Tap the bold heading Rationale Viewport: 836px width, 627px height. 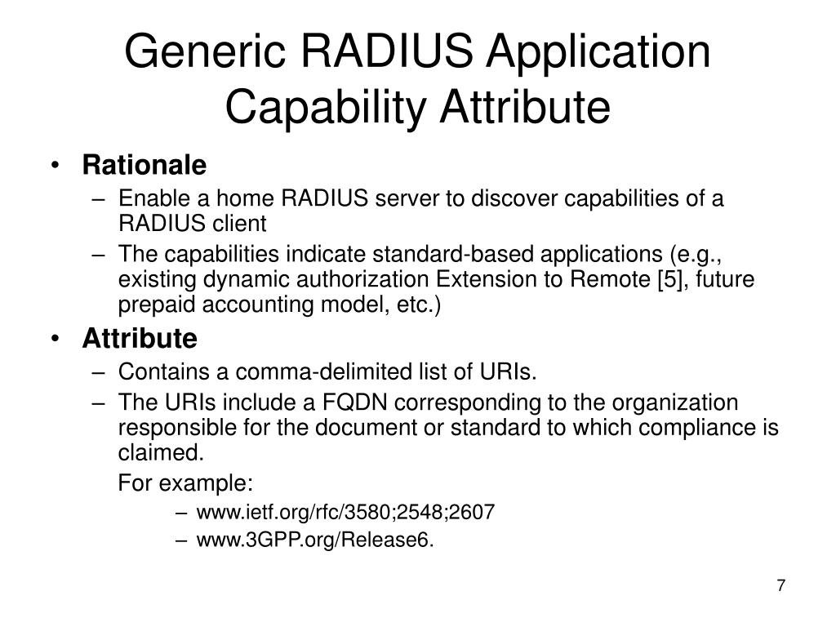pyautogui.click(x=145, y=166)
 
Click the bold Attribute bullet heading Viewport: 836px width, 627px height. pyautogui.click(x=140, y=338)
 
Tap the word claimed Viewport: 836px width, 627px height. pyautogui.click(x=159, y=452)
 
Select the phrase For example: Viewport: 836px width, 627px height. pyautogui.click(x=186, y=483)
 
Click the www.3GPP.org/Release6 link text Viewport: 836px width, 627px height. pyautogui.click(x=315, y=540)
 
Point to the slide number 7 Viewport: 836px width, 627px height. pyautogui.click(x=780, y=585)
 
